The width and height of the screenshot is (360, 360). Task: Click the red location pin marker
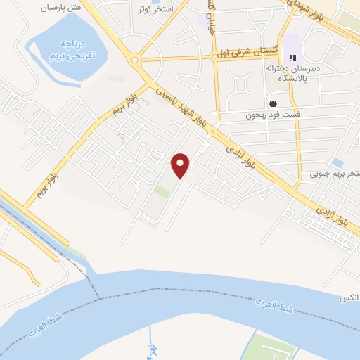181,165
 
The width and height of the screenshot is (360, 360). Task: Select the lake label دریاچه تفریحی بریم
69,49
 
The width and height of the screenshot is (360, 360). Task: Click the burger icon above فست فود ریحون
273,103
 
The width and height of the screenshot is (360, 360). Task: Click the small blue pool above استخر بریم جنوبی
337,162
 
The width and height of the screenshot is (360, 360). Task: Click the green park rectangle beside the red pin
162,191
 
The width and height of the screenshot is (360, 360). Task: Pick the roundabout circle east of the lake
134,60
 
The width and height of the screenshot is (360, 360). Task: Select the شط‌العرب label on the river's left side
45,326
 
